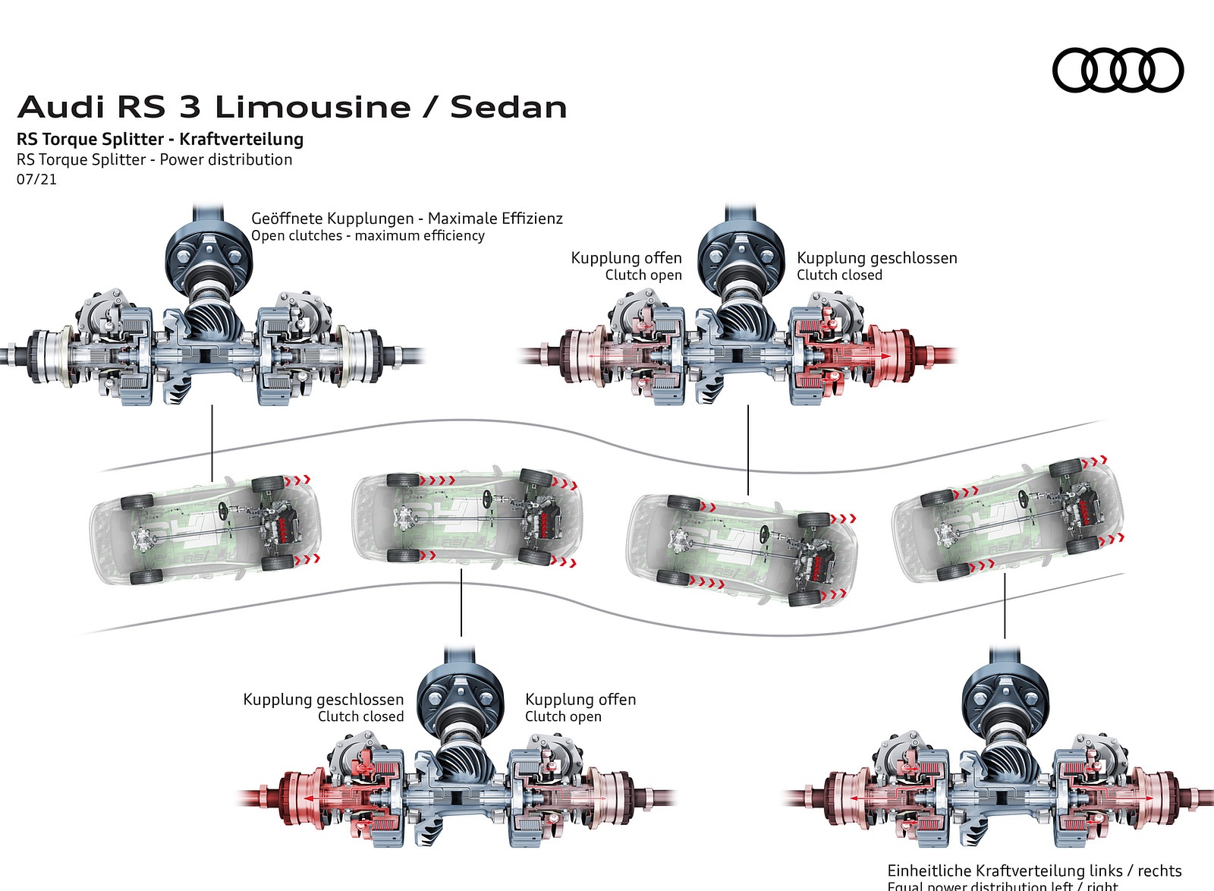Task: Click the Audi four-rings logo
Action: coord(1117,70)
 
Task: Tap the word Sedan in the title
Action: coord(508,107)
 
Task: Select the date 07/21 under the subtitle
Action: coord(36,179)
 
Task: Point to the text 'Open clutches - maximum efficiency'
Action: coord(367,235)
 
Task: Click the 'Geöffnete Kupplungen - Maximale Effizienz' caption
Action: coord(407,219)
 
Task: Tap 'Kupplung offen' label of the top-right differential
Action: coord(626,258)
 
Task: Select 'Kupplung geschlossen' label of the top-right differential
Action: coord(876,258)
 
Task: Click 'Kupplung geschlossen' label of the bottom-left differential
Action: coord(323,699)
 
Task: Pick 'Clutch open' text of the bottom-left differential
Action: coord(563,716)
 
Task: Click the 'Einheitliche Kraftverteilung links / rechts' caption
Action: coord(1034,870)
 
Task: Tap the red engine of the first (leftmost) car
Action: coord(287,524)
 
